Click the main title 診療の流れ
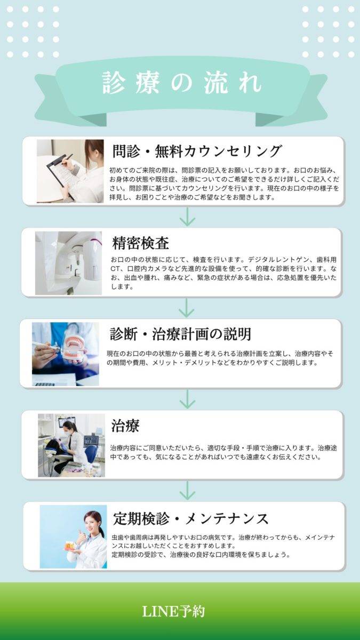coord(182,83)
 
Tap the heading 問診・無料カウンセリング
coord(197,151)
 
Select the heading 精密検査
coord(140,243)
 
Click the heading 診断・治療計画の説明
coord(181,334)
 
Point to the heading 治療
coord(125,426)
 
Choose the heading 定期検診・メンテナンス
coord(191,518)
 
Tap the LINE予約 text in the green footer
coord(173,611)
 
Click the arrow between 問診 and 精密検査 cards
coord(187,217)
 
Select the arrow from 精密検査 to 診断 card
coord(186,308)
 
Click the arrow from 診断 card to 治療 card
coord(187,399)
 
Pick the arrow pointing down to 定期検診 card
coord(187,491)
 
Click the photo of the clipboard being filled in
coord(70,171)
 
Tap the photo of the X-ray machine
coord(69,263)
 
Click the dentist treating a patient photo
coord(71,445)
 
